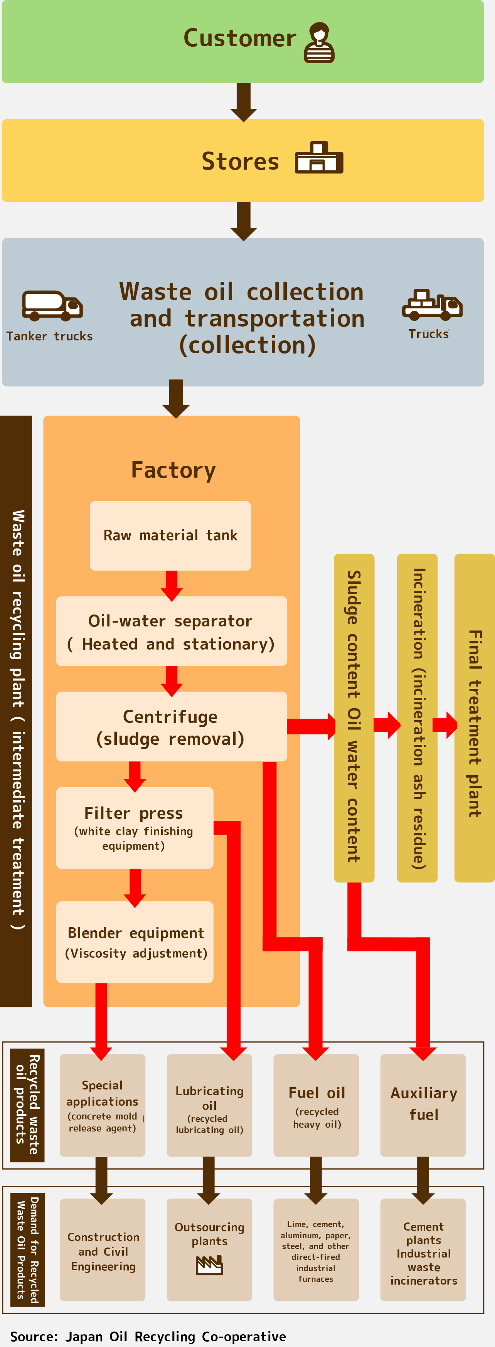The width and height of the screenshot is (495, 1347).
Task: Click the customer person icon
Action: click(319, 42)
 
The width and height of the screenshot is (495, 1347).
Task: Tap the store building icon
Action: click(319, 157)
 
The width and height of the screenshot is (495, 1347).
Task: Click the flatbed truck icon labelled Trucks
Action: click(432, 305)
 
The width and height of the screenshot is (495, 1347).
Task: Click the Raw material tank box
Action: click(170, 535)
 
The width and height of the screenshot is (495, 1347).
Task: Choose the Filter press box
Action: click(134, 828)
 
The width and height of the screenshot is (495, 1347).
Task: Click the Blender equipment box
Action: click(134, 942)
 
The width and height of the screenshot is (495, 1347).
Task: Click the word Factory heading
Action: click(173, 470)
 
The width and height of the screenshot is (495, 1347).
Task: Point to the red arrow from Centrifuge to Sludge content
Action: click(311, 726)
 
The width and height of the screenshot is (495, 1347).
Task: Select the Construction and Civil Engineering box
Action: click(103, 1251)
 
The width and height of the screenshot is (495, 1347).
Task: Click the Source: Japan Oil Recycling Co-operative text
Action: click(148, 1336)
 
